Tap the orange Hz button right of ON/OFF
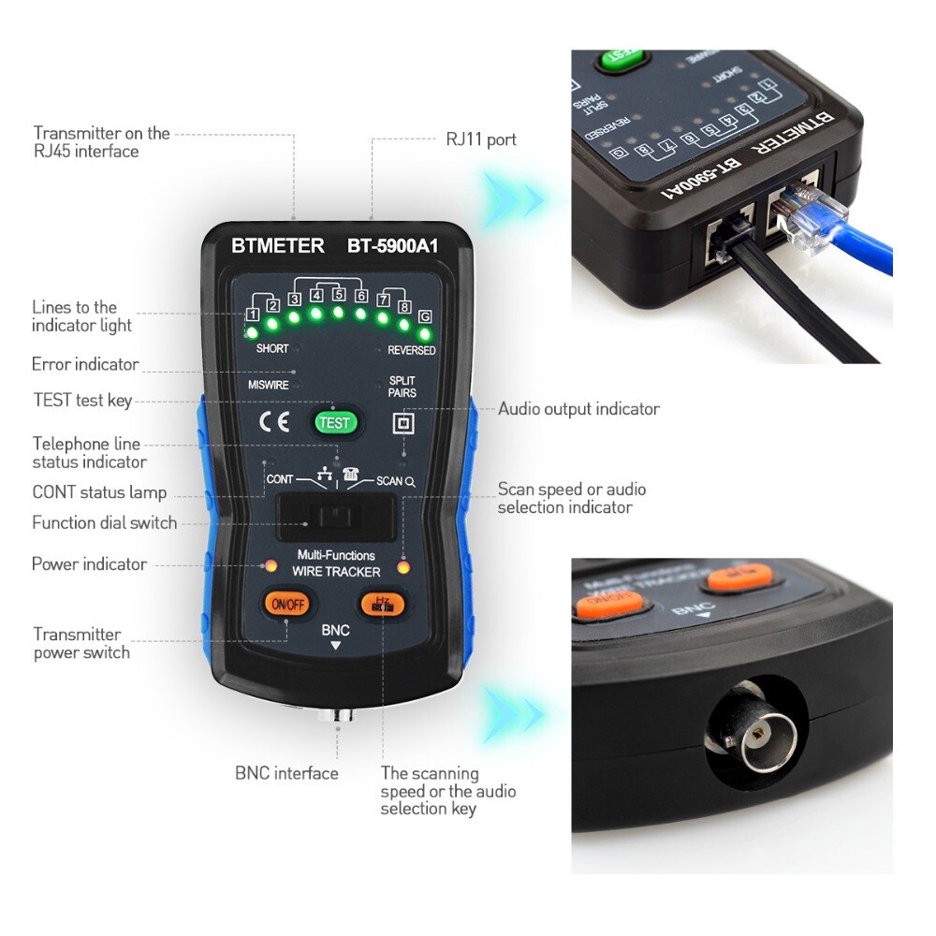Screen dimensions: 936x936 [381, 604]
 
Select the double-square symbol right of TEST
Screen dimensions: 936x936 [402, 424]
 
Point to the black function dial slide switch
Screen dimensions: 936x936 [335, 518]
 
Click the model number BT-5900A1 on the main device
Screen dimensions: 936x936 [393, 246]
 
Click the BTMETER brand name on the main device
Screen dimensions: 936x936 [278, 246]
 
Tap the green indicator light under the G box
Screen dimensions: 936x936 [425, 333]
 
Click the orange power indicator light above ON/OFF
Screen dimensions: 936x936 [270, 567]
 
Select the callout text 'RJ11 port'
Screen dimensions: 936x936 [480, 139]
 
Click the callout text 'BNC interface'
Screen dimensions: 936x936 [286, 773]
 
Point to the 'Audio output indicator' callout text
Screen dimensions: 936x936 [578, 409]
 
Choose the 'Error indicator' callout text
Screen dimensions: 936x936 [85, 364]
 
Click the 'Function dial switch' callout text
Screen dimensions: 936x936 [104, 523]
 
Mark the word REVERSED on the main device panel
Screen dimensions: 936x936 [411, 351]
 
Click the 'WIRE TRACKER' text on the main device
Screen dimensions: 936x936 [336, 571]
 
